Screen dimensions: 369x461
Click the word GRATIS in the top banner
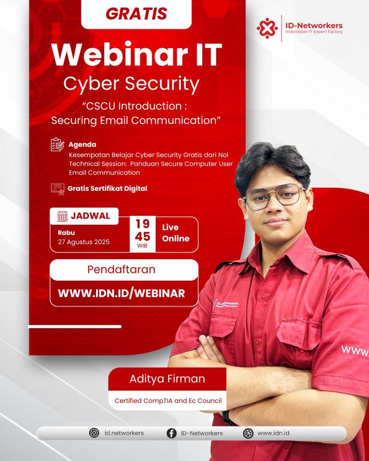point(136,14)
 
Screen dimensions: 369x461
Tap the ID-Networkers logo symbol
point(267,28)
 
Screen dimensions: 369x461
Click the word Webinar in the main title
point(119,54)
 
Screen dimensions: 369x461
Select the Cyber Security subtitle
point(131,84)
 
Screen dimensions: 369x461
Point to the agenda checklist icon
point(57,145)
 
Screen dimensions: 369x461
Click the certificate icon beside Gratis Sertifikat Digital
point(58,189)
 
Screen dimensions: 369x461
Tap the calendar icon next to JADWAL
point(62,216)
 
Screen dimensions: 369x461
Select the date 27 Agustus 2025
point(83,242)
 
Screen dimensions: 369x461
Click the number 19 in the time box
point(142,224)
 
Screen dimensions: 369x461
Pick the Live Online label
point(176,233)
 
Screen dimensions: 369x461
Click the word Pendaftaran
point(121,270)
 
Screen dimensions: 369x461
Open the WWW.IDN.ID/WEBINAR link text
point(122,293)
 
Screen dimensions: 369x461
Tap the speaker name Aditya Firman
point(167,379)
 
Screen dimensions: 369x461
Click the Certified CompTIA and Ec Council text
point(168,401)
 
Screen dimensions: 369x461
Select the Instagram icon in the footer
point(94,433)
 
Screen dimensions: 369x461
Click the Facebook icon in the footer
point(172,434)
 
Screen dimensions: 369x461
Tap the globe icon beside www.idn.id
point(248,434)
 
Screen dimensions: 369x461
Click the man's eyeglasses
point(274,196)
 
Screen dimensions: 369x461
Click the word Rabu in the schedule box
point(66,233)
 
